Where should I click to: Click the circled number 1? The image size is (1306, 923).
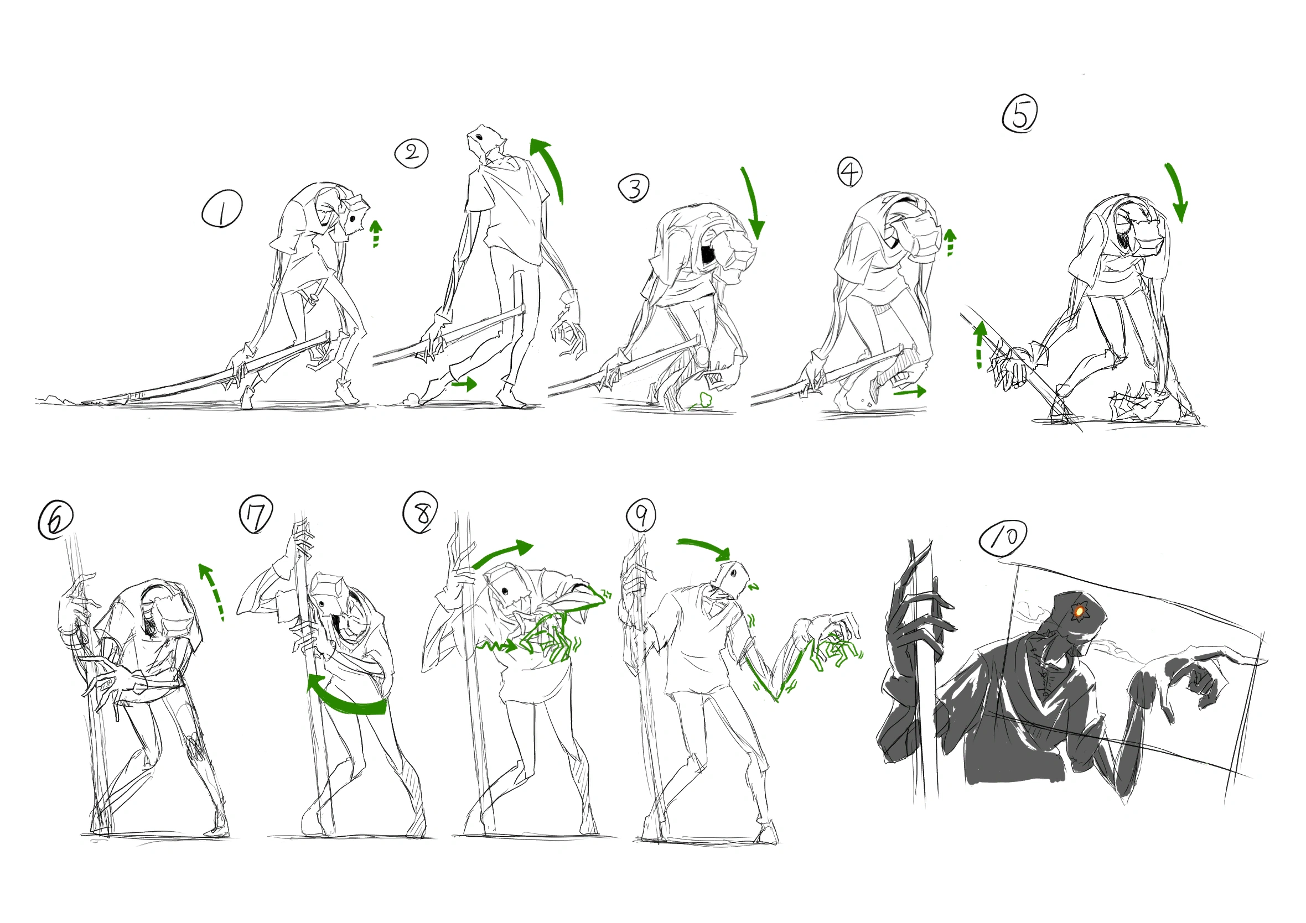pos(222,209)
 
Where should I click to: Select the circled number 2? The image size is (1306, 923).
pos(411,152)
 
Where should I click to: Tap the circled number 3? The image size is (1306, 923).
pos(634,188)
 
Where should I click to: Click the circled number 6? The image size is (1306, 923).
pos(55,520)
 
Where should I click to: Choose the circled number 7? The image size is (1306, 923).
pos(256,514)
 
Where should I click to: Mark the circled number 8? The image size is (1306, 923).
pos(421,512)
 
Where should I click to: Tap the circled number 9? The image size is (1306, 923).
pos(641,515)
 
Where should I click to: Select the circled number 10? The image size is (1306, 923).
pos(1003,537)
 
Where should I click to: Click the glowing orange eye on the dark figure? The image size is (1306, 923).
pos(1078,612)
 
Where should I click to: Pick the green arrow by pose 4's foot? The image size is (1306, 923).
pos(910,391)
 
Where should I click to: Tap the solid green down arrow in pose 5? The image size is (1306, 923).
pos(1176,192)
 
